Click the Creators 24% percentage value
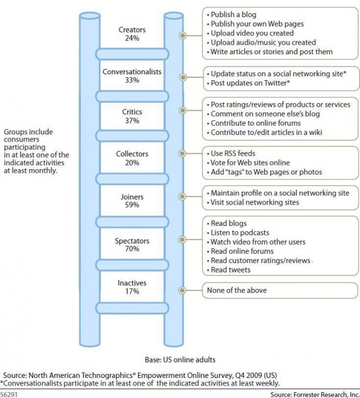point(132,38)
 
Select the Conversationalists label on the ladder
point(132,72)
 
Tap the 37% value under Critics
point(132,120)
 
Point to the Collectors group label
point(132,154)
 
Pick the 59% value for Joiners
point(132,205)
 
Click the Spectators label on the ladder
point(132,241)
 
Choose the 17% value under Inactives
point(132,291)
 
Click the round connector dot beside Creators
point(182,35)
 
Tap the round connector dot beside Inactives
point(182,290)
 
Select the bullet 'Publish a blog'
point(231,15)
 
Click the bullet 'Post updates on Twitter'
point(248,83)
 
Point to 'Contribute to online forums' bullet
point(254,123)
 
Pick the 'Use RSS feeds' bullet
point(231,153)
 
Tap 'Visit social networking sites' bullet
point(253,202)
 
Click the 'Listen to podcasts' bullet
point(238,232)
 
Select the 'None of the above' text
point(237,290)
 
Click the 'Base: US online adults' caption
point(180,360)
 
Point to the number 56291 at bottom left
point(9,394)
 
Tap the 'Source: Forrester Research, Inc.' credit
point(315,394)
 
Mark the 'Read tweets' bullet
point(228,270)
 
